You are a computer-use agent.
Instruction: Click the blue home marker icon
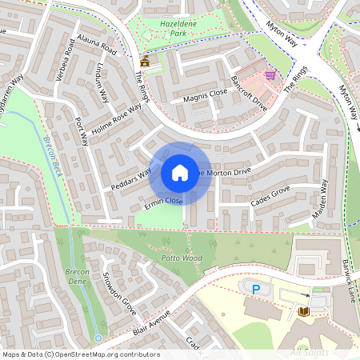(x=180, y=173)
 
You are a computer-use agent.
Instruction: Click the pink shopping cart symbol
(x=270, y=75)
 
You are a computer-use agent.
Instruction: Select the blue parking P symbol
(x=256, y=289)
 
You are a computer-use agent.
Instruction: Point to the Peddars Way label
(x=131, y=180)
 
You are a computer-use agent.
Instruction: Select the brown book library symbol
(x=304, y=310)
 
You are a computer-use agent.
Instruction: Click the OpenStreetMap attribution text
(x=80, y=354)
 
